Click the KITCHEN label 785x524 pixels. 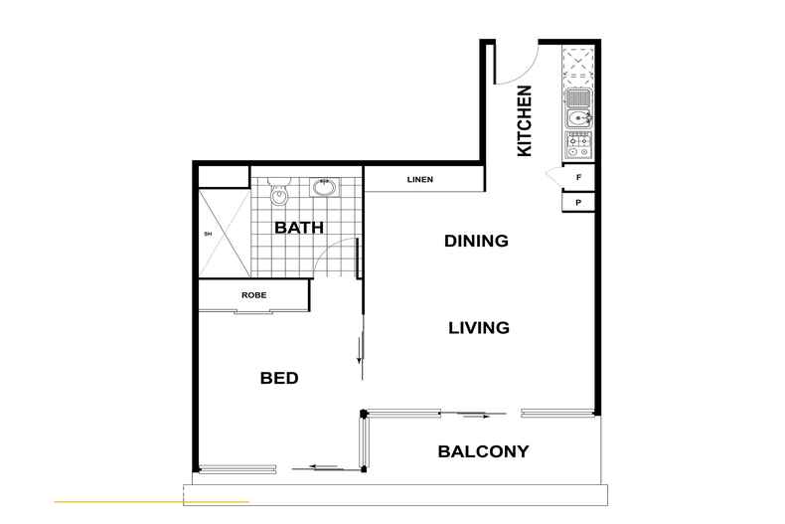[525, 120]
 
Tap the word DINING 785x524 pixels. [476, 241]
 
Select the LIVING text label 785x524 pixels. [478, 327]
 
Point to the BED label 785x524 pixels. [279, 379]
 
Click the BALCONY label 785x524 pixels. [483, 451]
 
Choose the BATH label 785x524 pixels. [299, 228]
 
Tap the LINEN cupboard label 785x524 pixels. [418, 180]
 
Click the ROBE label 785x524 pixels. [253, 295]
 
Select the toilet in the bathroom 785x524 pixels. [277, 191]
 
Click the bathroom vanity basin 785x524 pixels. [323, 186]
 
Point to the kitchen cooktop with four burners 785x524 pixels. [578, 146]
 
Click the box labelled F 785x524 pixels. [578, 178]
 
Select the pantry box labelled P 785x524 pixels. [578, 203]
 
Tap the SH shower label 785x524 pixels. [208, 235]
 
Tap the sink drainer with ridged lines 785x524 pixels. [578, 97]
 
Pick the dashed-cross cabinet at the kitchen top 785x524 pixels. [578, 64]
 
